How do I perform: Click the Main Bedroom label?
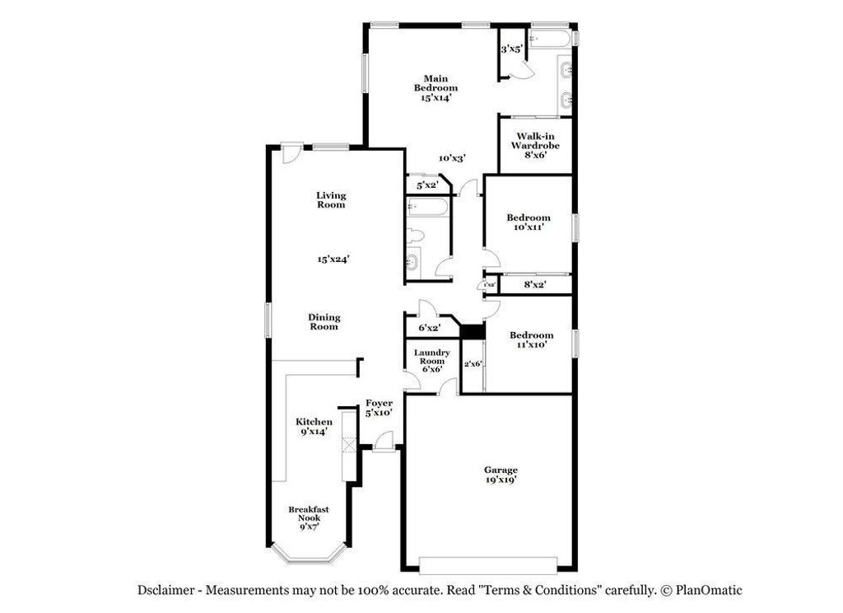[x=435, y=83]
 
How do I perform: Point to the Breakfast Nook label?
[x=309, y=514]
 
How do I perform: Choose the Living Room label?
[x=332, y=200]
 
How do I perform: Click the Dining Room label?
[x=324, y=321]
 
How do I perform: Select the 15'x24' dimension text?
[x=334, y=259]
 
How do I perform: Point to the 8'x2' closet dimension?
[x=535, y=285]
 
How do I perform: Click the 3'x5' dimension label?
[x=511, y=49]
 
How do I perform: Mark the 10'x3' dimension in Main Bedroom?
[x=453, y=158]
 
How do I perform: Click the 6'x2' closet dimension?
[x=429, y=327]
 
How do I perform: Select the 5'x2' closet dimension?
[x=426, y=185]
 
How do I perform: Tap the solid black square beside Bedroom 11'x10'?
[x=472, y=331]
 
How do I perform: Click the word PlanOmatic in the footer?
[x=708, y=590]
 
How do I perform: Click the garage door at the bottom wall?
[x=487, y=565]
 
